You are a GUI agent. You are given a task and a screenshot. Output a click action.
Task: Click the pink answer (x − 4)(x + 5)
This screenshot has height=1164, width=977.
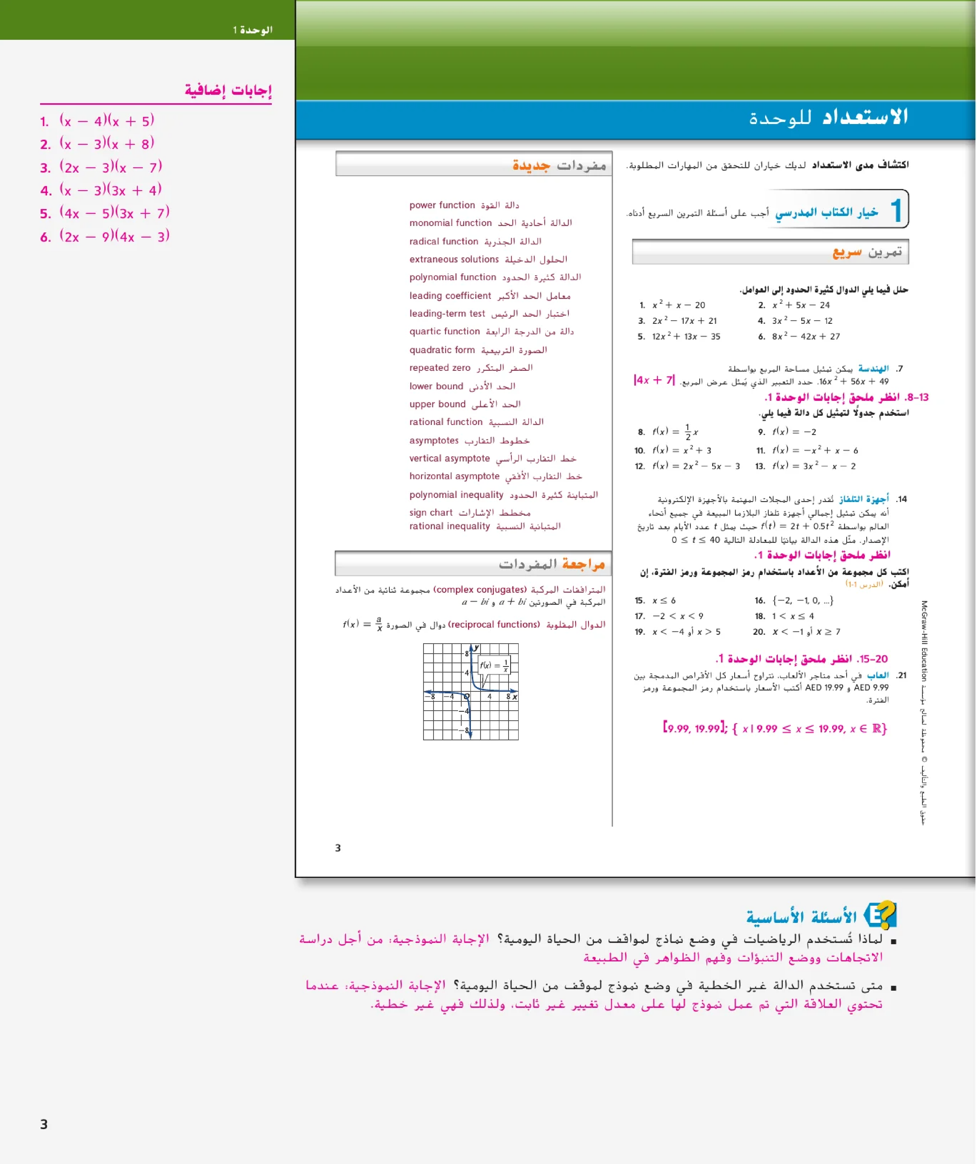[106, 121]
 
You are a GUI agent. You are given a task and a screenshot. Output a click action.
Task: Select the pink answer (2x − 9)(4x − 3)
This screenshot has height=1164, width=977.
[114, 237]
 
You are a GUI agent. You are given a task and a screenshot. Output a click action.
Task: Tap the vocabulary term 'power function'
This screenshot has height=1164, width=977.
[442, 205]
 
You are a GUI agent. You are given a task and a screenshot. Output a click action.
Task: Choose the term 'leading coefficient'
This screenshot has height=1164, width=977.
[450, 296]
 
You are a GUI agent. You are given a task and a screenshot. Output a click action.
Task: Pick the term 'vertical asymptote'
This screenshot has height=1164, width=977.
[450, 458]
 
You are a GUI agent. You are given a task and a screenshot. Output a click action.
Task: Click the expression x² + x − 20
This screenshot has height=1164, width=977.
[679, 305]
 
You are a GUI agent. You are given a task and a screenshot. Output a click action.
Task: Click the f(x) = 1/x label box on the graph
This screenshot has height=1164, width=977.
[494, 665]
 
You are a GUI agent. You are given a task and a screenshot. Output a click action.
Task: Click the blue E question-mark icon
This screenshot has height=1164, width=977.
[880, 915]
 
